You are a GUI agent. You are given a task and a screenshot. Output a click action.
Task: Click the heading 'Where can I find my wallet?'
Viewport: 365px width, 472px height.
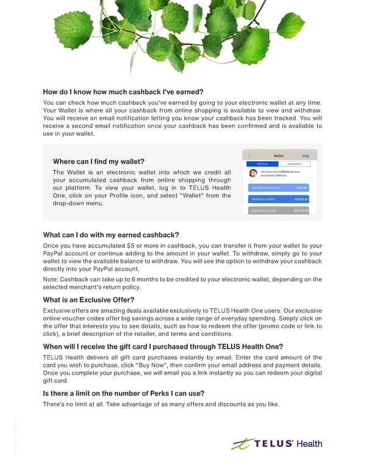(99, 161)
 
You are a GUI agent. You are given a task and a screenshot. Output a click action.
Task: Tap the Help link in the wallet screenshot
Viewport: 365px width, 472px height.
(305, 156)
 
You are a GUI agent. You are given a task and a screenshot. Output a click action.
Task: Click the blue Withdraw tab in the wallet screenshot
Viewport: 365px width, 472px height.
(262, 164)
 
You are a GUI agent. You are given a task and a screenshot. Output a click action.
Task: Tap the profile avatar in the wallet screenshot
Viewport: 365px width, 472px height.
(253, 173)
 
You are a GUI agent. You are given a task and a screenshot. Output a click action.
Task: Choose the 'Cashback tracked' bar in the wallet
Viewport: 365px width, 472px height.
(279, 199)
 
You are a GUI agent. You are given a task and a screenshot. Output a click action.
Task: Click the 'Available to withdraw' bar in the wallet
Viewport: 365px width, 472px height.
(279, 187)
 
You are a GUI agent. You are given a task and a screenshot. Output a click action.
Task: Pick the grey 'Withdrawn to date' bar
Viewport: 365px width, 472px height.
(279, 210)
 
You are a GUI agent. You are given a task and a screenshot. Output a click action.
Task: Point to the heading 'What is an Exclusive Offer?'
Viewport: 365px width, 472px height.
(89, 299)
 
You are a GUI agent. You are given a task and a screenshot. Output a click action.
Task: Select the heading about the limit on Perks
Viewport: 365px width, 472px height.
(123, 393)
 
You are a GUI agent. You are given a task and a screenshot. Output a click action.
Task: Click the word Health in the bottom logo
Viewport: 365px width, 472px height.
(310, 443)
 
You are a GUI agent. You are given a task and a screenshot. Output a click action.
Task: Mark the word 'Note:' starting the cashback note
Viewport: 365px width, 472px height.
(52, 279)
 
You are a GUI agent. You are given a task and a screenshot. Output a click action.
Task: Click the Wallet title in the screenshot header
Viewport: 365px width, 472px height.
(278, 156)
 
